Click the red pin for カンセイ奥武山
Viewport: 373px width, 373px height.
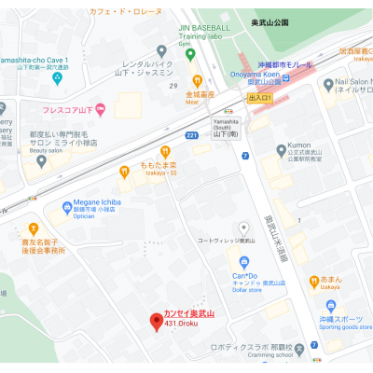(x=157, y=322)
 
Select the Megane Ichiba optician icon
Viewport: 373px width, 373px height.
(x=66, y=206)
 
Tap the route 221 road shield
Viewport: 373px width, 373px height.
(x=192, y=135)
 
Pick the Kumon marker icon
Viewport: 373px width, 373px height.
(x=282, y=151)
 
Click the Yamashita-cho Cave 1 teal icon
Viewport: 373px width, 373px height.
(x=58, y=77)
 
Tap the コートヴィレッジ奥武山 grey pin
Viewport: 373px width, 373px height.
(x=244, y=228)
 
